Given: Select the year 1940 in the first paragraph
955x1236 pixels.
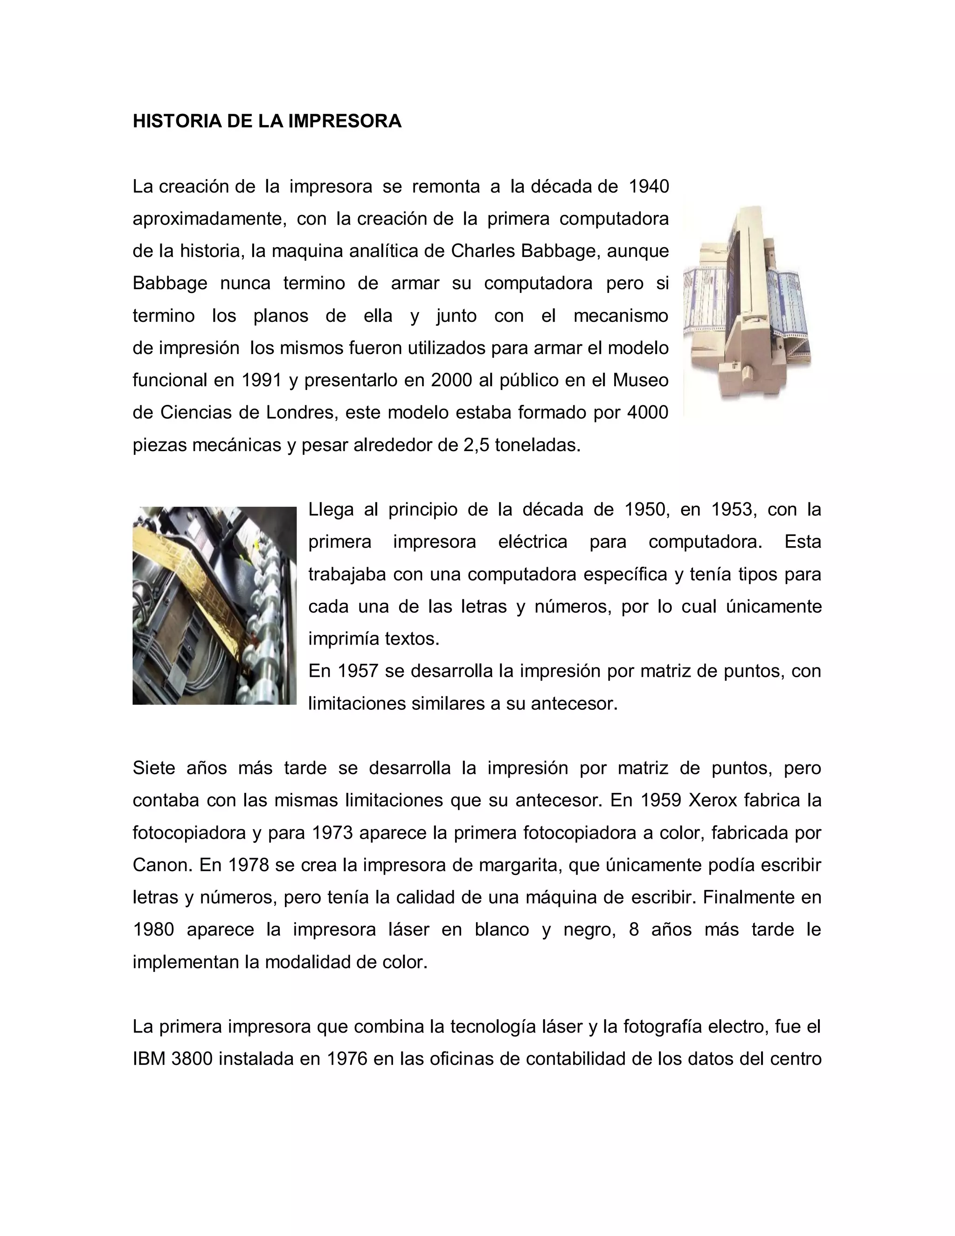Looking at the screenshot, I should [x=649, y=186].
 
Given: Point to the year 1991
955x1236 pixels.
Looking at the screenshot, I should [x=262, y=380].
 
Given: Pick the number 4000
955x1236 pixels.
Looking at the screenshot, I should [x=648, y=413].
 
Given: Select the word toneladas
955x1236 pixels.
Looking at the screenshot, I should [x=538, y=445].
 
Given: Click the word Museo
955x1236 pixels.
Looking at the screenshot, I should [x=640, y=380].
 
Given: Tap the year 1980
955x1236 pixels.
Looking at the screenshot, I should [x=153, y=930].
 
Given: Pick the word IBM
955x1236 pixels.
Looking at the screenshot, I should [x=149, y=1059].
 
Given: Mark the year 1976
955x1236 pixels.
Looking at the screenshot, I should [x=347, y=1059].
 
